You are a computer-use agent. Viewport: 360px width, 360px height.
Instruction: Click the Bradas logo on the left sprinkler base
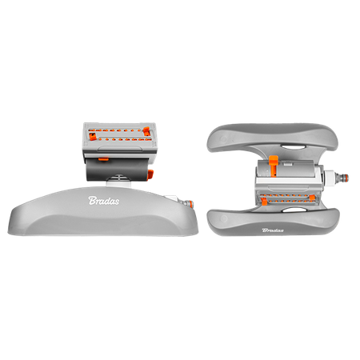pos(104,201)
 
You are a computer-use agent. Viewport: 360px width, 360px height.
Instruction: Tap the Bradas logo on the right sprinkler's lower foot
pos(273,230)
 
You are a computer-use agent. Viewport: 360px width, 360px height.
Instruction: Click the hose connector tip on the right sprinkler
pos(342,178)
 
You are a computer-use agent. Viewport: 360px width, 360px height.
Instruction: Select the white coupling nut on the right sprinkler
pos(330,177)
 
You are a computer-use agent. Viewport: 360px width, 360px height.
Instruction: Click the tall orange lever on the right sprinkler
pos(274,166)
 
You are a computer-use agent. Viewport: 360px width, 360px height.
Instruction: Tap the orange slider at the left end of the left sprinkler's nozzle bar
pos(92,135)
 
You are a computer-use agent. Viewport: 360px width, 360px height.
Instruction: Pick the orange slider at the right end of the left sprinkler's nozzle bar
pos(146,131)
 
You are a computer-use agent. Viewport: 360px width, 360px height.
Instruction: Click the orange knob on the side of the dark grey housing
pos(150,174)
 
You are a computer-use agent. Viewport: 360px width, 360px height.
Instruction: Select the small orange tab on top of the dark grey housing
pos(103,159)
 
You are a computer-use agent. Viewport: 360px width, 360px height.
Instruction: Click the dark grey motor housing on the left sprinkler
pos(118,170)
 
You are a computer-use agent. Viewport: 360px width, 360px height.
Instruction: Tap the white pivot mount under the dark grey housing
pos(119,181)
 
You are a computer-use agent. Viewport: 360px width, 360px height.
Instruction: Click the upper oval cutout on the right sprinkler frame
pos(292,147)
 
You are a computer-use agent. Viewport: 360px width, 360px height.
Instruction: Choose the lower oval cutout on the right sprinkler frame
pos(293,210)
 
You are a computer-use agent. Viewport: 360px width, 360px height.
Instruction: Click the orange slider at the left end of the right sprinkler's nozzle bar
pos(264,201)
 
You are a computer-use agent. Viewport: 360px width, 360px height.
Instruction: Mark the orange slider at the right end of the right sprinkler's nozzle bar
pos(312,198)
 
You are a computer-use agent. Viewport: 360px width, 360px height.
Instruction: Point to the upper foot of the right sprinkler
pos(273,138)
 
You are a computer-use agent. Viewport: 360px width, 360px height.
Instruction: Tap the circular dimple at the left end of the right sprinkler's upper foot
pos(223,138)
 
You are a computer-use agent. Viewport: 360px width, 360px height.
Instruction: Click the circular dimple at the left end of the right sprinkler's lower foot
pos(224,219)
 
